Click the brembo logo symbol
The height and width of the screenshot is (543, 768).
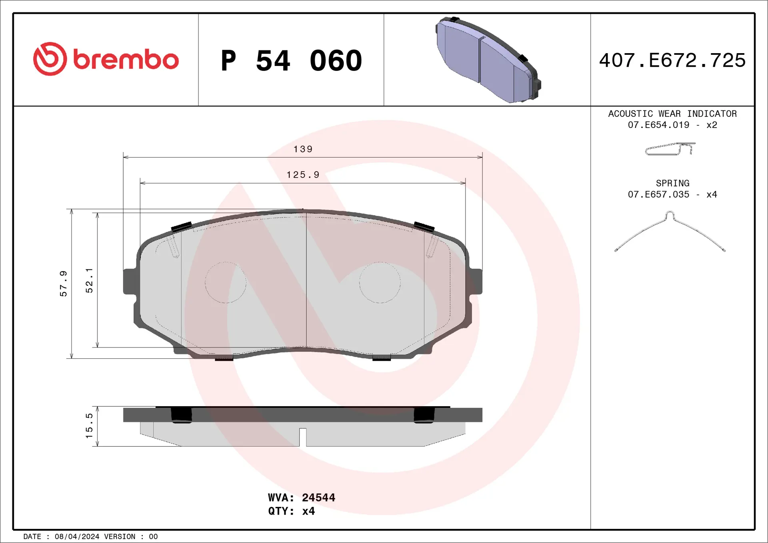tap(50, 59)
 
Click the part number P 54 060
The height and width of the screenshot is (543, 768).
tap(291, 61)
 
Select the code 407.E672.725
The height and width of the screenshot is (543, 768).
tap(672, 60)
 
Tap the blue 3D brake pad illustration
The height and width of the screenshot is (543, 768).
tap(488, 60)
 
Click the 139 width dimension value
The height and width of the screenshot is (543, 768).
tap(303, 149)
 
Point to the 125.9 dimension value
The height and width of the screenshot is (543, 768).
tap(303, 175)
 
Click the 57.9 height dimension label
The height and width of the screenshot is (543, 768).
tap(63, 283)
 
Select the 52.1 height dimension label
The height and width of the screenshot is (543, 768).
tap(89, 280)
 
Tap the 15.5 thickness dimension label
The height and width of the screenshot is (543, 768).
tap(89, 426)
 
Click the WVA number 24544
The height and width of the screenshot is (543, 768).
tap(318, 497)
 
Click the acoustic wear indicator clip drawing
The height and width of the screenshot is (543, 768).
tap(670, 149)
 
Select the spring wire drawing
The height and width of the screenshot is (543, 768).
tap(670, 232)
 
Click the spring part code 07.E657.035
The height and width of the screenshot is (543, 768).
tap(658, 194)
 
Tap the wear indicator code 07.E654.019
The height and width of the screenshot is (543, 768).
tap(658, 125)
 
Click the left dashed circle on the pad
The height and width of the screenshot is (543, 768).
tap(226, 282)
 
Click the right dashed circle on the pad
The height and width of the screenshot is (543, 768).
tap(380, 282)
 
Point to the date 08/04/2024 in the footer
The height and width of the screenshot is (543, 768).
tap(77, 537)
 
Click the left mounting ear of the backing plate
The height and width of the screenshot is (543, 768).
tap(130, 281)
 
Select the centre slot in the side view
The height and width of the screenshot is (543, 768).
tap(303, 437)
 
